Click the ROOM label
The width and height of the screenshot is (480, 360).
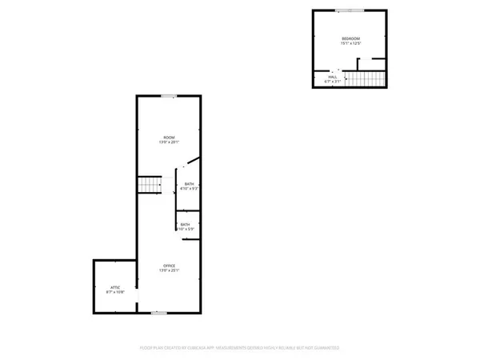click(x=169, y=137)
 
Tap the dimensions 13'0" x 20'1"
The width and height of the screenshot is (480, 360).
click(x=169, y=142)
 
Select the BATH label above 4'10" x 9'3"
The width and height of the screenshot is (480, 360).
click(x=189, y=184)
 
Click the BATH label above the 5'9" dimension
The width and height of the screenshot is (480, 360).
click(x=186, y=224)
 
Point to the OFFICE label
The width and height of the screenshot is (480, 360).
click(x=169, y=266)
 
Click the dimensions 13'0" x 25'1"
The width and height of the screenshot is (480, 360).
click(x=169, y=271)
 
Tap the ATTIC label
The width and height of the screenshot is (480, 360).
click(x=114, y=286)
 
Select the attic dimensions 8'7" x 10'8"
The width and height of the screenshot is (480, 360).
click(x=114, y=291)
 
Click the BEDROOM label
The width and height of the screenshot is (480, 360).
click(x=351, y=38)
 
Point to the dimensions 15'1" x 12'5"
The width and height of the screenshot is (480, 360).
click(x=351, y=44)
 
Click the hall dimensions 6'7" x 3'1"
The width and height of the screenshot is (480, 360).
click(x=333, y=82)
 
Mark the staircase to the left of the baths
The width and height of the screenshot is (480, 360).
click(x=150, y=185)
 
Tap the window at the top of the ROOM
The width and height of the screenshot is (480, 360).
click(x=169, y=96)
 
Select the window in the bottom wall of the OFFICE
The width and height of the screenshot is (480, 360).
click(x=160, y=311)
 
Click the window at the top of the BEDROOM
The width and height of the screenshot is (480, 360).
click(x=347, y=10)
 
